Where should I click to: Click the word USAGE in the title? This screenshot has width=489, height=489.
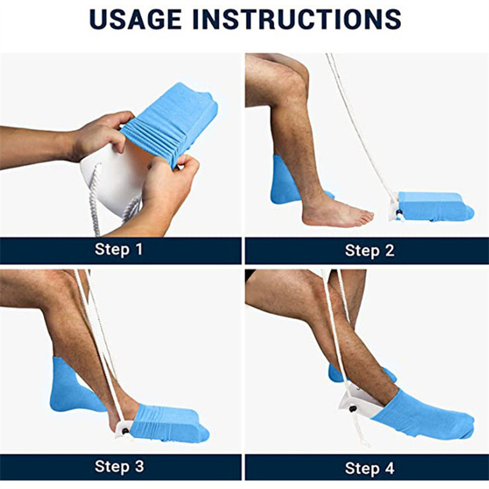coord(135,20)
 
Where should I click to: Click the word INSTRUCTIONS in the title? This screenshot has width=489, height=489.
coord(297,20)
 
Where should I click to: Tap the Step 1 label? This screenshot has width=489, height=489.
coord(119,249)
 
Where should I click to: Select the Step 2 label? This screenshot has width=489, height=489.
coord(370,251)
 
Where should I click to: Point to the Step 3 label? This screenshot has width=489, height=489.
coord(119,466)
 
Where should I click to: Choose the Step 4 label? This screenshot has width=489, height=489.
coord(370,468)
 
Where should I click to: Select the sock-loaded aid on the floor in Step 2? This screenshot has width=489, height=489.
coord(432,207)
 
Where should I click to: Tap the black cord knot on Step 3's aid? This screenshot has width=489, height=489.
coord(125,432)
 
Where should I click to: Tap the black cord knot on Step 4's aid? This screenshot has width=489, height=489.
coord(353,408)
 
